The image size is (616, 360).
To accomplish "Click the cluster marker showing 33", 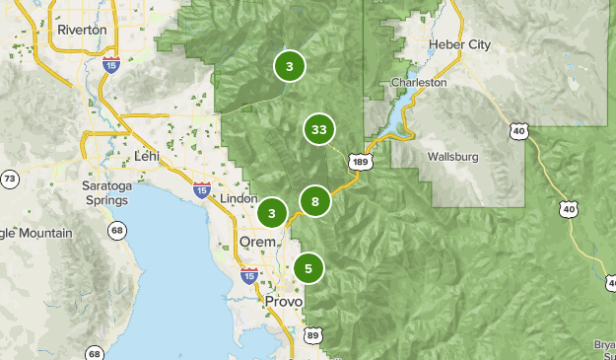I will (x=318, y=129).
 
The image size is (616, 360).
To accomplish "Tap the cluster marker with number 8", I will (x=314, y=202).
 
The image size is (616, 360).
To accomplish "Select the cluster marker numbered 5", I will (x=308, y=267).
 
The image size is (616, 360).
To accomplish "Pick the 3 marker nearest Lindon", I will (x=271, y=212).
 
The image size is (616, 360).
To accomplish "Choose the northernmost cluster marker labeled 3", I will (x=289, y=67).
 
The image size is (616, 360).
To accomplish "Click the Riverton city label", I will (x=82, y=30).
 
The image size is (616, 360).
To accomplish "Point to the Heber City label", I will (x=459, y=44).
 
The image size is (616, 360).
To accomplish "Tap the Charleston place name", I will (x=419, y=83).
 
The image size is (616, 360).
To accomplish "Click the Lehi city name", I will (x=146, y=156).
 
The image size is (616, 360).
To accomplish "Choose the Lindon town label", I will (x=240, y=198).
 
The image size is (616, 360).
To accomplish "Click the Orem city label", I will (x=257, y=242).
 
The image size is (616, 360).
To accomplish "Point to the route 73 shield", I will (x=10, y=179).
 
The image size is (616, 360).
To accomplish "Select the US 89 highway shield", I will (x=313, y=335).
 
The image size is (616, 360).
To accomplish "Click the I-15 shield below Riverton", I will (x=111, y=64).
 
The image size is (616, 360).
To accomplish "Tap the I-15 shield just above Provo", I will (x=249, y=275).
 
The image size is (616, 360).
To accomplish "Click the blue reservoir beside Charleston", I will (x=394, y=114).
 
